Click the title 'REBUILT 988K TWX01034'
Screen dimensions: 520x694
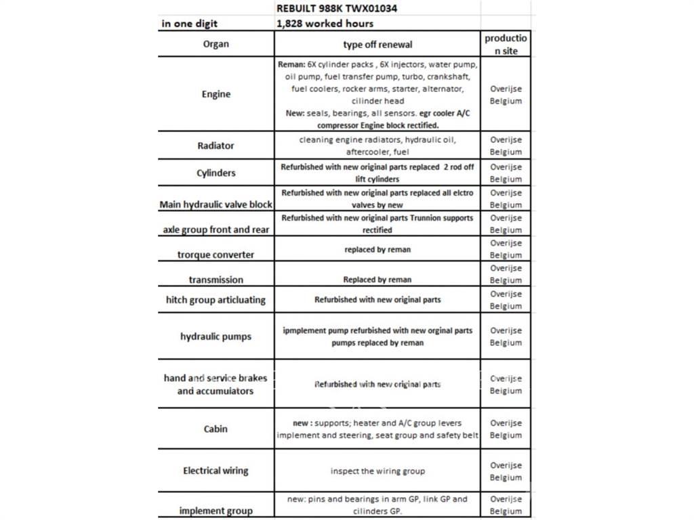[337, 8]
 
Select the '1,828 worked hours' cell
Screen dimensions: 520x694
[325, 23]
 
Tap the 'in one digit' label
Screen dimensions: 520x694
[190, 23]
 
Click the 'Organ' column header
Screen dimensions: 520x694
[216, 44]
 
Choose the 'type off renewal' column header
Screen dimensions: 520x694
[377, 45]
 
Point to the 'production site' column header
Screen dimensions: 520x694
[506, 45]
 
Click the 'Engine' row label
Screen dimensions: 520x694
[216, 94]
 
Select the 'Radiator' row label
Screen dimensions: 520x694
[216, 146]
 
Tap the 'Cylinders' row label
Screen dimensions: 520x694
[216, 173]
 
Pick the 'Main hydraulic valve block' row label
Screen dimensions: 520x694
[216, 204]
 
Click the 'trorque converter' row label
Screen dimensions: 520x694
[216, 255]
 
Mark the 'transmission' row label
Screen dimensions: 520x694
[216, 279]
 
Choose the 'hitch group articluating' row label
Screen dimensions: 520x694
[216, 299]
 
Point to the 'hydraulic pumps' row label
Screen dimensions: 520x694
[216, 337]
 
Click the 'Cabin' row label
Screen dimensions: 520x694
[216, 429]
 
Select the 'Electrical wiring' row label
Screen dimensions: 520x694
[216, 471]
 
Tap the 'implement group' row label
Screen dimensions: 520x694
[216, 511]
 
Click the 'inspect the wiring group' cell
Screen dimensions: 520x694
[377, 471]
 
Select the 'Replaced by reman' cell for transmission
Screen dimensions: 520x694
[377, 280]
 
